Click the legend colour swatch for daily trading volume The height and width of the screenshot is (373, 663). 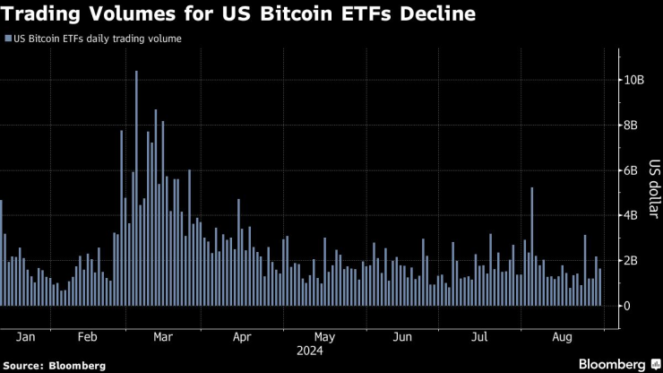pyautogui.click(x=8, y=39)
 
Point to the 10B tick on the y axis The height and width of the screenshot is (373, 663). pyautogui.click(x=633, y=80)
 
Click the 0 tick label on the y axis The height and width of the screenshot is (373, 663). pyautogui.click(x=626, y=306)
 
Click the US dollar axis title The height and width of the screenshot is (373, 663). pyautogui.click(x=654, y=193)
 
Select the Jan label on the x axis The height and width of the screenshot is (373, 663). pyautogui.click(x=26, y=337)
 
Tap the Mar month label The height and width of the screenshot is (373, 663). pyautogui.click(x=163, y=337)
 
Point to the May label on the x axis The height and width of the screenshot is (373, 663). pyautogui.click(x=324, y=337)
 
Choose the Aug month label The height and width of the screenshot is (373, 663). pyautogui.click(x=563, y=337)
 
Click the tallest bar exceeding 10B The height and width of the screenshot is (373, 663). pyautogui.click(x=136, y=188)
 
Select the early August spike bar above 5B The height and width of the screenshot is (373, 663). pyautogui.click(x=531, y=247)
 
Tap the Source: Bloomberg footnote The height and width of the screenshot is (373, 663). pyautogui.click(x=54, y=365)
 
